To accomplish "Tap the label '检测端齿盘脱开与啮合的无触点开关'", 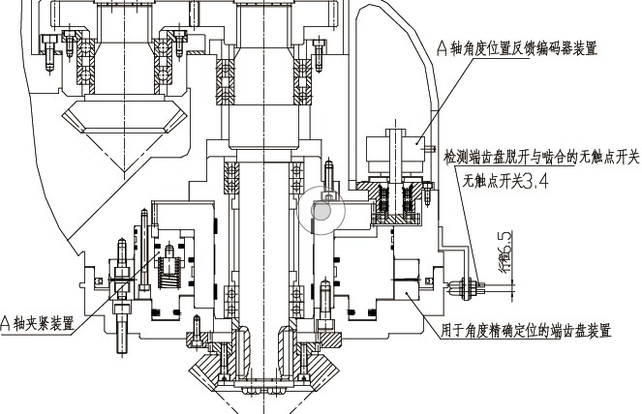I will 542,156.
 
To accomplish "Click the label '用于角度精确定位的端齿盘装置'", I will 527,331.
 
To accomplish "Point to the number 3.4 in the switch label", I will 535,180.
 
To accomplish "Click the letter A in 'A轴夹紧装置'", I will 5,322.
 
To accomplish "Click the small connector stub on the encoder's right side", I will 423,143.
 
